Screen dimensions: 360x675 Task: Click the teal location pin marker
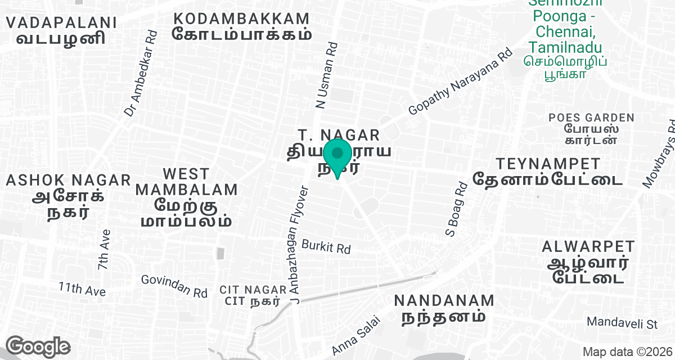pyautogui.click(x=337, y=158)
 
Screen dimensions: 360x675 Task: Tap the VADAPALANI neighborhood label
pyautogui.click(x=61, y=30)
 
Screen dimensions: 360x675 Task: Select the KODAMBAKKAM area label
pyautogui.click(x=241, y=26)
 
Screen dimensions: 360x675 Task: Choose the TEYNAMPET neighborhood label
pyautogui.click(x=548, y=172)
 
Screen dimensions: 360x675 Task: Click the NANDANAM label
pyautogui.click(x=444, y=308)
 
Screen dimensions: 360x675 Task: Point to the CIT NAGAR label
pyautogui.click(x=252, y=295)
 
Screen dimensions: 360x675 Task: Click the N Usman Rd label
pyautogui.click(x=327, y=75)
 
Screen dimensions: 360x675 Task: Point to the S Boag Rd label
pyautogui.click(x=456, y=210)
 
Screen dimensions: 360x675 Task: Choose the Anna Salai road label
pyautogui.click(x=357, y=335)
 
